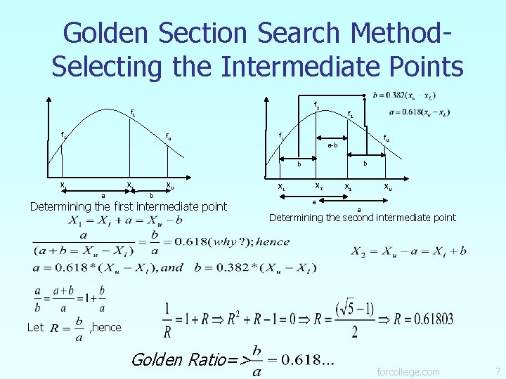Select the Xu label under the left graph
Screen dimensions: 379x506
click(169, 186)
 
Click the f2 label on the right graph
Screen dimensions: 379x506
click(317, 106)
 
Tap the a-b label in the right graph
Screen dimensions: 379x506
click(332, 145)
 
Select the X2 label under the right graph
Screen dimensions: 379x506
click(318, 187)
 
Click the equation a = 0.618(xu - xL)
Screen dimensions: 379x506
click(419, 112)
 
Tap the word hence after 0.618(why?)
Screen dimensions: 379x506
click(273, 241)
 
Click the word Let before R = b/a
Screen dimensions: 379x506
click(35, 327)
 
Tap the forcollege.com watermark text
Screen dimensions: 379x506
click(408, 371)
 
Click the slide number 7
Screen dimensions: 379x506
click(498, 371)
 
